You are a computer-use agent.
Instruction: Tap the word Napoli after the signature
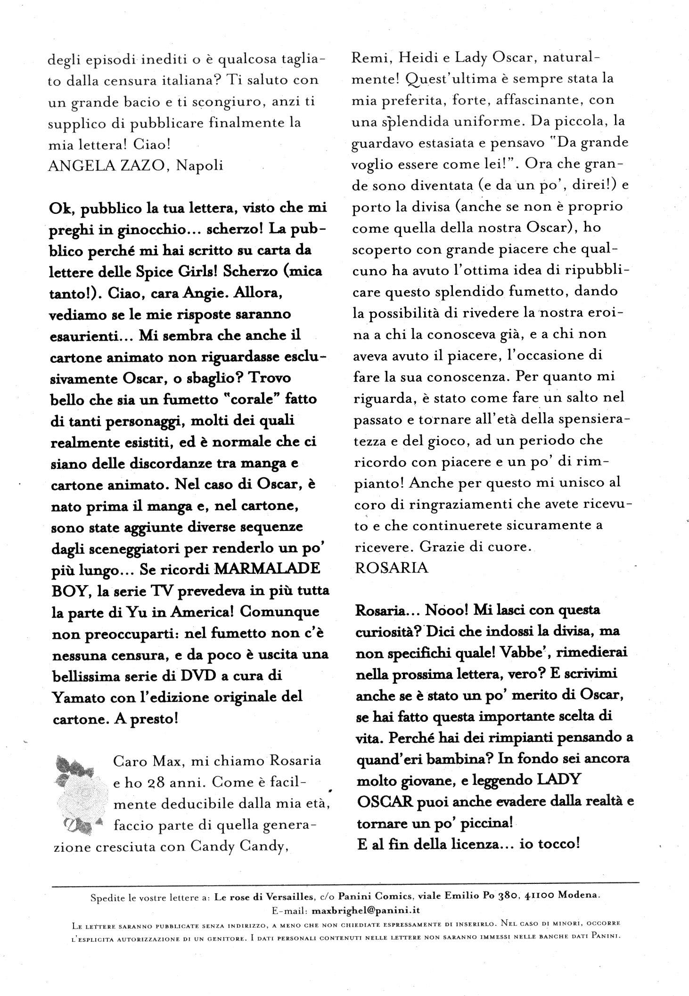pyautogui.click(x=198, y=165)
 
